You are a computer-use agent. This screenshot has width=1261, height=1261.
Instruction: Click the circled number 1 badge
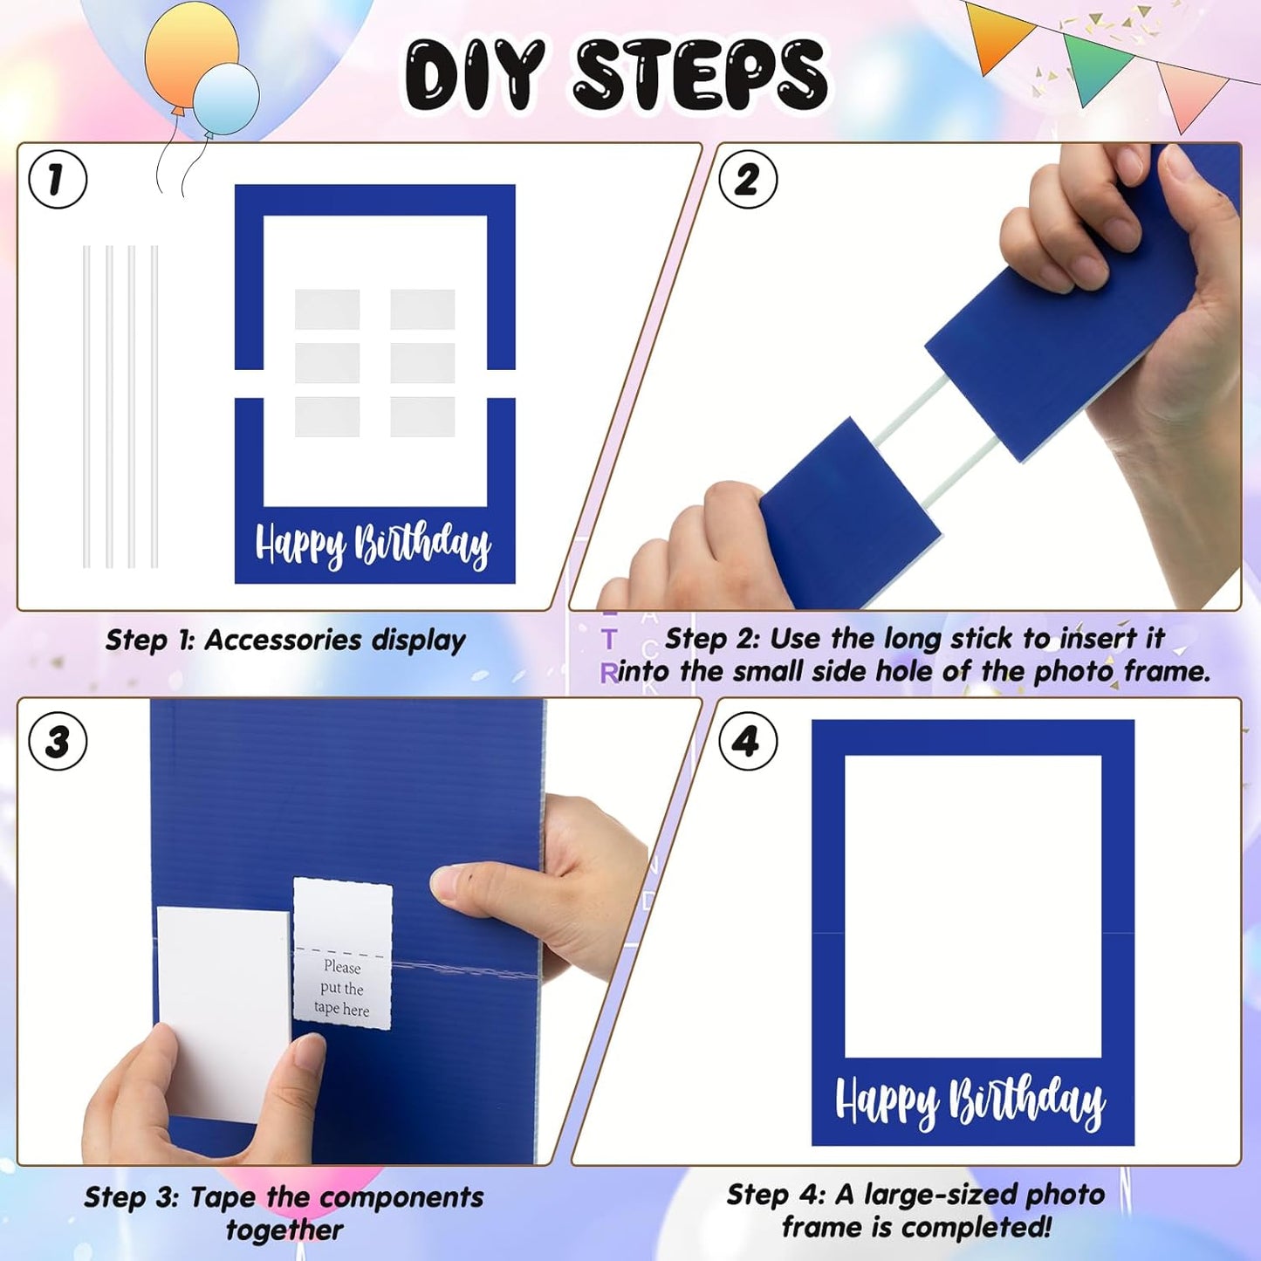click(x=58, y=180)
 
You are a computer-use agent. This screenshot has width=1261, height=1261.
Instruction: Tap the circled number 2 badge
click(x=748, y=180)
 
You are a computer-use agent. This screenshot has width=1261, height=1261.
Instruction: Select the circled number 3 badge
click(x=58, y=742)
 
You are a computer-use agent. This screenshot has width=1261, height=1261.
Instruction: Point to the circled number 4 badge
click(x=748, y=742)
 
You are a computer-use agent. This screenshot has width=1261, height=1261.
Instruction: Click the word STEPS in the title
click(x=700, y=76)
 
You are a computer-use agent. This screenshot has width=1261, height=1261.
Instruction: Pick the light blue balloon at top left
click(x=226, y=99)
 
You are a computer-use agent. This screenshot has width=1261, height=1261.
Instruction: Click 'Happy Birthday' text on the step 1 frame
click(x=373, y=545)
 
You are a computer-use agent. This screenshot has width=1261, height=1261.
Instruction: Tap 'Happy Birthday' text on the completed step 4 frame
click(x=970, y=1101)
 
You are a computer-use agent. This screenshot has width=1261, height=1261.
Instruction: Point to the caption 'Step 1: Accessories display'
click(x=285, y=640)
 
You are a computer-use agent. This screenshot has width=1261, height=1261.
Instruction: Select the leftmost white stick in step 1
click(x=86, y=406)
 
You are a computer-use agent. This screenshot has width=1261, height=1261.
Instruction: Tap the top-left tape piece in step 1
click(x=327, y=309)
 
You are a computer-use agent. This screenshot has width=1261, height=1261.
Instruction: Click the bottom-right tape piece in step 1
click(x=422, y=416)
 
